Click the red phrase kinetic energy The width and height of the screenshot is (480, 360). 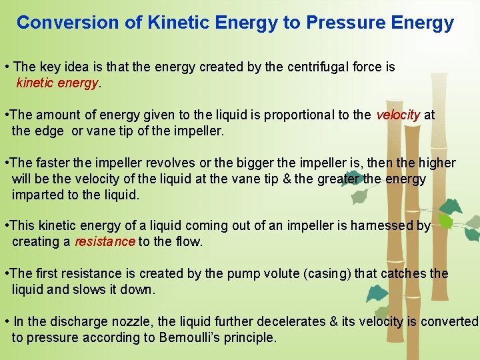coord(58,83)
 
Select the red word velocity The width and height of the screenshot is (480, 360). coord(398,115)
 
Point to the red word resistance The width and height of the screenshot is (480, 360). coord(105,241)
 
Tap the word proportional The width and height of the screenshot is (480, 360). coord(303,115)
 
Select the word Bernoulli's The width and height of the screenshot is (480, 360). coord(189,337)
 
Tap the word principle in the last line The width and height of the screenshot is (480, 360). coord(249,337)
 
